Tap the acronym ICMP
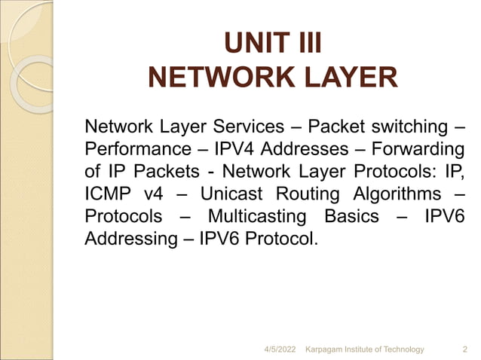(106, 194)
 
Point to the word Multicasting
(257, 217)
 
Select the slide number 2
(464, 349)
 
